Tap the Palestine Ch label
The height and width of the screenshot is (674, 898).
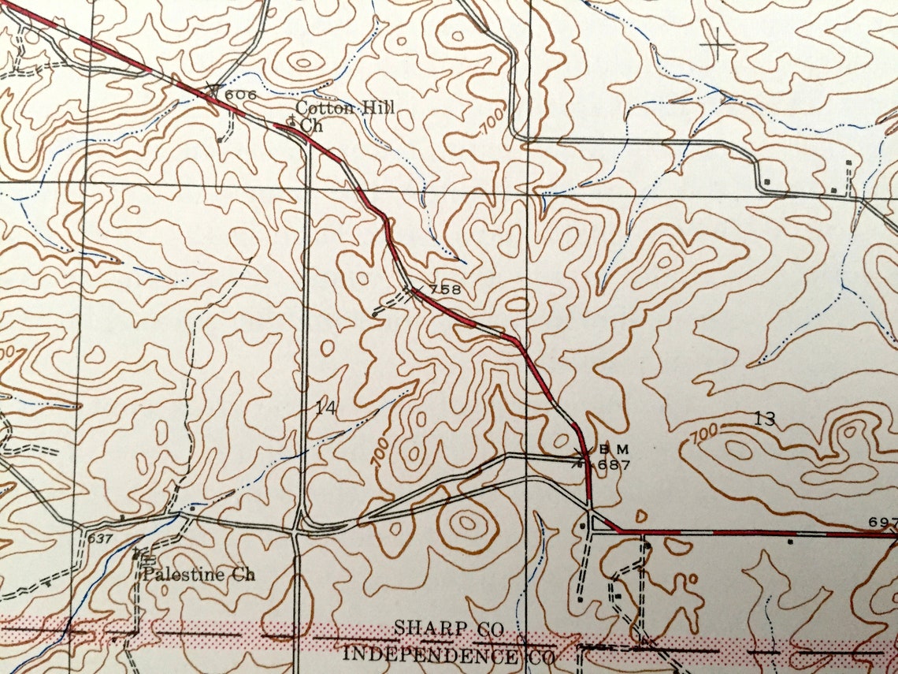pos(199,574)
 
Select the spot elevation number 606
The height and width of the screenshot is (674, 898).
pos(240,95)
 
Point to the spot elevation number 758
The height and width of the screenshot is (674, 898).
pos(444,289)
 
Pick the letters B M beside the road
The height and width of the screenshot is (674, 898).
pos(610,449)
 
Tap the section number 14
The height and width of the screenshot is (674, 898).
pos(325,408)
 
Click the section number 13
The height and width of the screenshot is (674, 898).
pos(764,419)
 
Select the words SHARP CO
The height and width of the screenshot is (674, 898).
pos(438,630)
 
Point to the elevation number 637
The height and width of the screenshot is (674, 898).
pos(100,539)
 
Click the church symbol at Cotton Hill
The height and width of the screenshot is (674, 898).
pos(291,121)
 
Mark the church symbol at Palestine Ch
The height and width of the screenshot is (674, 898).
pos(137,553)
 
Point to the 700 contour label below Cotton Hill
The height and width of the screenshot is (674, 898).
pos(492,123)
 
